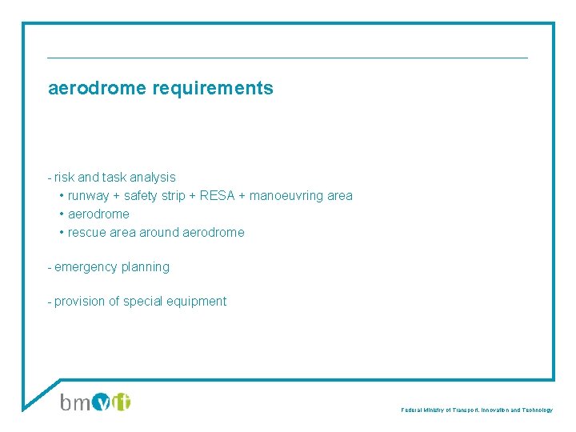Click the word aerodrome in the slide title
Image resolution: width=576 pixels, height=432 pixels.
(x=97, y=89)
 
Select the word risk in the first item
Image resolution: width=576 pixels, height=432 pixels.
(x=65, y=177)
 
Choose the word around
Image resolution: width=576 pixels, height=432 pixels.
(x=159, y=232)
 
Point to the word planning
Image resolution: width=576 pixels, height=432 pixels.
(x=146, y=266)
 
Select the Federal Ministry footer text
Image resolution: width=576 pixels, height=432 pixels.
(x=477, y=410)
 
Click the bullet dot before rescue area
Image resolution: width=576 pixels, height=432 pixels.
(x=62, y=232)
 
